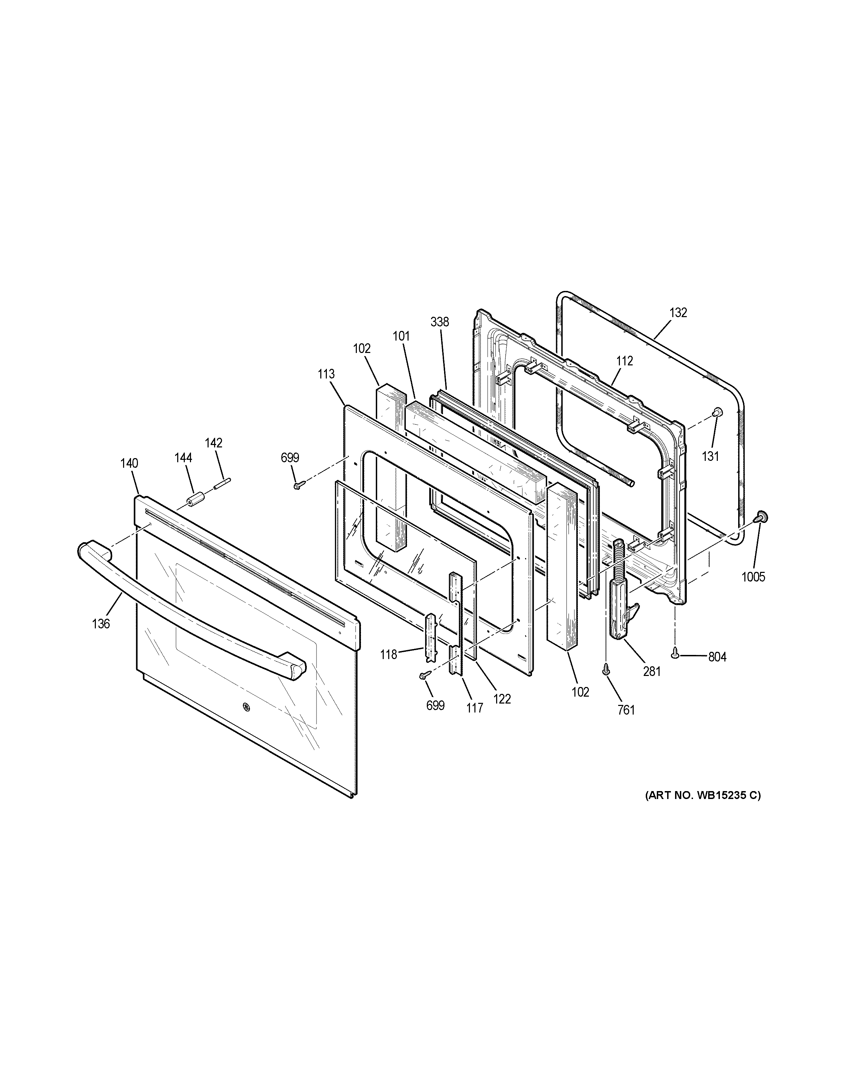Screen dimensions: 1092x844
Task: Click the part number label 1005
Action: (753, 577)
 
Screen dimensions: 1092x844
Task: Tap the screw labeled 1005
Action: (762, 517)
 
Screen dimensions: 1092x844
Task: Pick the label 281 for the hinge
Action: (652, 671)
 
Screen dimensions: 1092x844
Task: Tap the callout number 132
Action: (678, 313)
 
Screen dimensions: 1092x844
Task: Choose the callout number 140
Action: (129, 463)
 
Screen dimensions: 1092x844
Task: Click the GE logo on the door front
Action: (247, 707)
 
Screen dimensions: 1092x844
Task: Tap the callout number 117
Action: (474, 708)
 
